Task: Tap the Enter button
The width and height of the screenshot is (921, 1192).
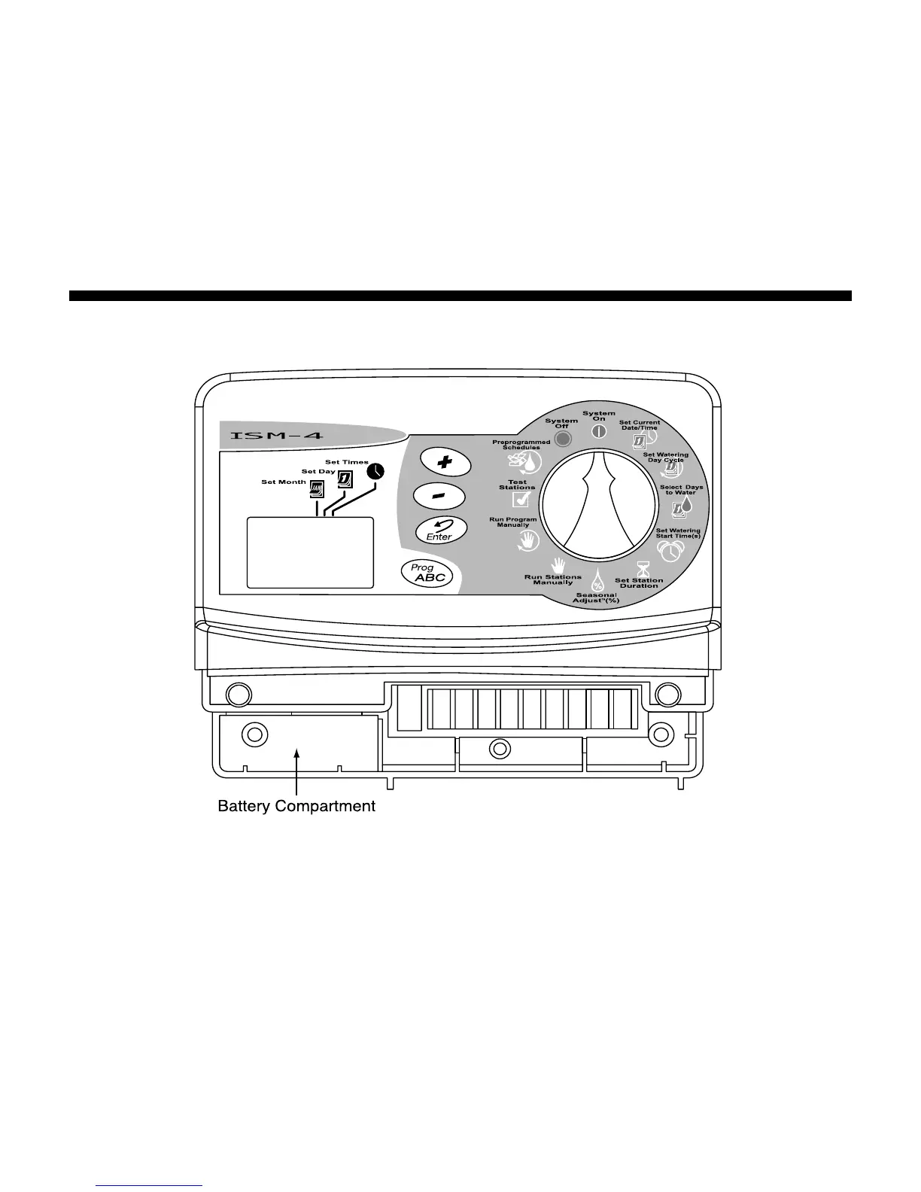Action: click(441, 531)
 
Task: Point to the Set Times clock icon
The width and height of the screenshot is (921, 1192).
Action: click(375, 472)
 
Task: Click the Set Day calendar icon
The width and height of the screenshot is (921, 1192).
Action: click(345, 479)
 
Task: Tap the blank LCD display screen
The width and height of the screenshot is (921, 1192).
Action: click(310, 552)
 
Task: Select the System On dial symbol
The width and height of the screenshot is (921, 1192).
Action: click(599, 432)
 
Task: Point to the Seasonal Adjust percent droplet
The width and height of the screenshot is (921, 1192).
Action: click(597, 582)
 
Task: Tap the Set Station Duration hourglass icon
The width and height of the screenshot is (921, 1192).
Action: click(643, 567)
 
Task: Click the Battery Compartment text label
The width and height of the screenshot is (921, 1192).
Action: click(296, 806)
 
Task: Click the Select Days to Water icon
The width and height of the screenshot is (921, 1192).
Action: click(682, 506)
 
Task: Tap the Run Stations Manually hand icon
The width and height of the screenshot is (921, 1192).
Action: click(558, 565)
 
